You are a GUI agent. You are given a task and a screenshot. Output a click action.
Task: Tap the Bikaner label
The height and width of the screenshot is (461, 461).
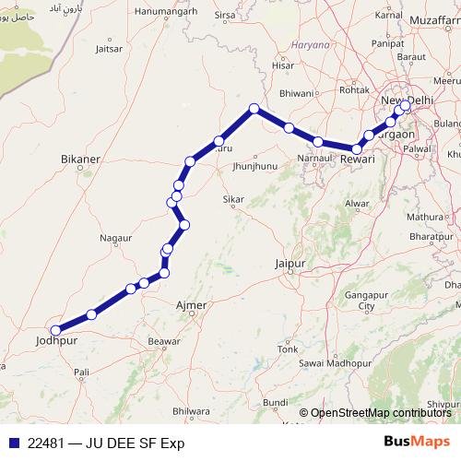point(79,160)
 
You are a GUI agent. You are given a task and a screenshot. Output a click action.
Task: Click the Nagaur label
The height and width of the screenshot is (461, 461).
point(116,237)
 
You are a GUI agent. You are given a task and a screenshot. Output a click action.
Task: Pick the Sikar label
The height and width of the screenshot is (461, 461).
point(234,199)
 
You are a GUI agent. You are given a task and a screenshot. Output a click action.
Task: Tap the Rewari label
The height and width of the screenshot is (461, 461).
point(357,160)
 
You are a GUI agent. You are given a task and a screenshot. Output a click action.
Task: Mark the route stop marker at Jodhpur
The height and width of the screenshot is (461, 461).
point(56,329)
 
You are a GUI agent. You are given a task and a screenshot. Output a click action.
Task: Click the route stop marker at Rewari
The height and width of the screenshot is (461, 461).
point(357,148)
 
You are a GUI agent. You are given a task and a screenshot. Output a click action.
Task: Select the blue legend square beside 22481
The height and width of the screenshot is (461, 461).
point(14,443)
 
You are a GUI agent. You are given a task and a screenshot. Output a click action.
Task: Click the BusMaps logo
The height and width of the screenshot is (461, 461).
point(417,443)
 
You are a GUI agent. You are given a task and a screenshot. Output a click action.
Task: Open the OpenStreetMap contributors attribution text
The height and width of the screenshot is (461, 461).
point(380,413)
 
